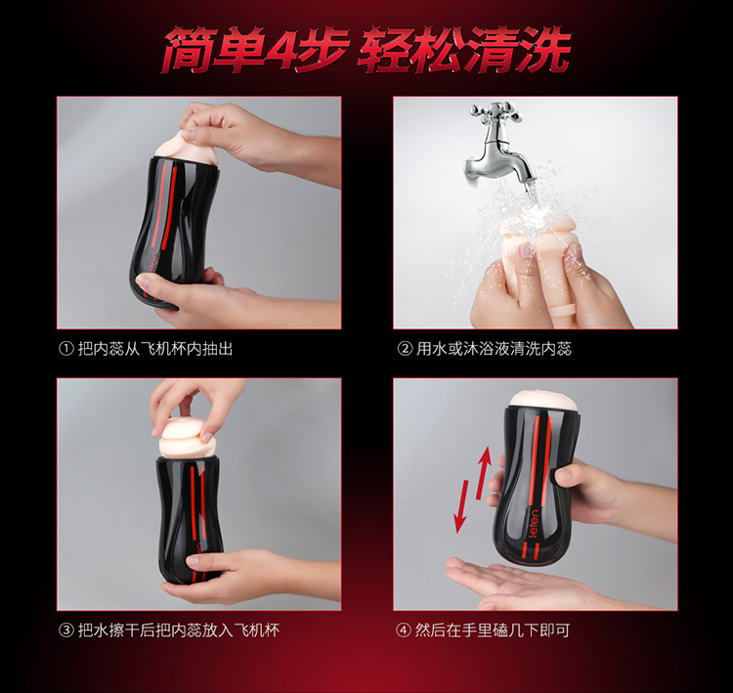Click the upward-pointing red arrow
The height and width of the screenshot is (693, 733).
click(x=484, y=473)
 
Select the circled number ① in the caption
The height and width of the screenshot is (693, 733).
click(x=66, y=349)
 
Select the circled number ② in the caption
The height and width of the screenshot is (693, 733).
click(x=405, y=349)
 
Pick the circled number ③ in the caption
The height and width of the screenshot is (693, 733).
click(x=66, y=630)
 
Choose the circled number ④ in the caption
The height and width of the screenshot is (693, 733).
click(x=404, y=630)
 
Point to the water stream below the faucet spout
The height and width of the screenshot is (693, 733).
click(x=531, y=196)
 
